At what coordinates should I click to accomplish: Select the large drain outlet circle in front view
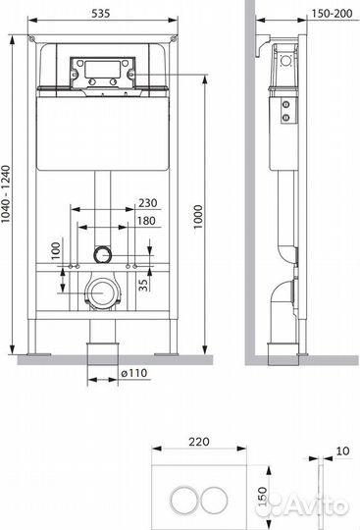pos(101,292)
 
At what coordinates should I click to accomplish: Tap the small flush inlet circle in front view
pos(101,253)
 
